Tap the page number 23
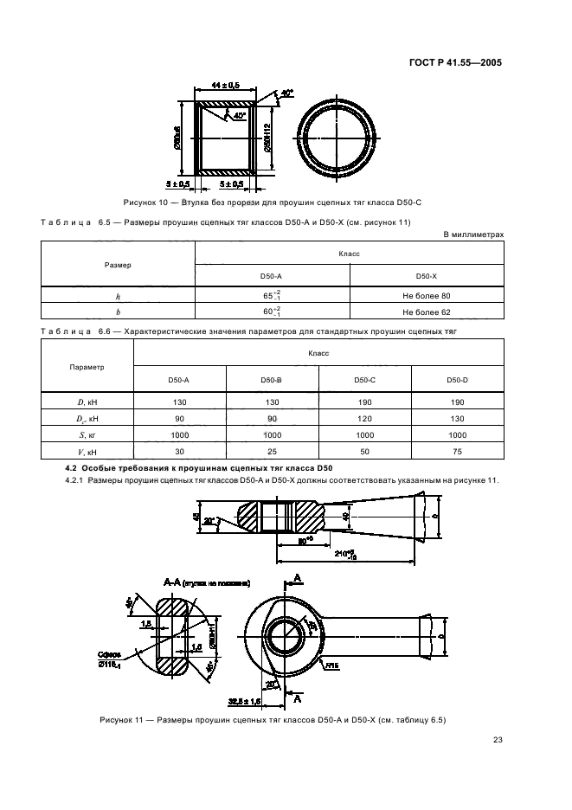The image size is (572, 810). (498, 739)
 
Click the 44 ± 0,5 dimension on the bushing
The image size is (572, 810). (225, 85)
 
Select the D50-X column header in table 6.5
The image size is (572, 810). (427, 275)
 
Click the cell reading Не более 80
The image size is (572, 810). (427, 296)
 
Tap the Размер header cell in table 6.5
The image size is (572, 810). (119, 264)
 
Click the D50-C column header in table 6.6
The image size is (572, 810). (364, 380)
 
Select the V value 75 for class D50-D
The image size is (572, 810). (457, 451)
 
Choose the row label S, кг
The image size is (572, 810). (87, 434)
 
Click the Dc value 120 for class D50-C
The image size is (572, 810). (364, 419)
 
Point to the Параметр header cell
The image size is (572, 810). (87, 367)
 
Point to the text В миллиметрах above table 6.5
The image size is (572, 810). (472, 235)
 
